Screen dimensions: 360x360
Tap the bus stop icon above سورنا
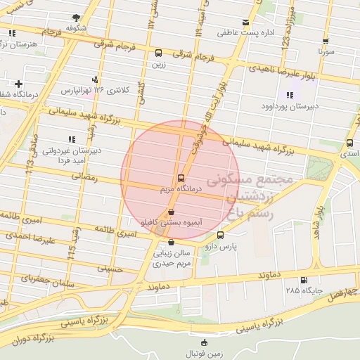326,41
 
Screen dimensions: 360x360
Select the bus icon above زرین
158,53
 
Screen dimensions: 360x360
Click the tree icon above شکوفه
76,18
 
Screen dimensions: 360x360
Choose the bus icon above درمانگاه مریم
181,178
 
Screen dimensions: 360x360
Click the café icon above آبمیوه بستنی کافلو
171,212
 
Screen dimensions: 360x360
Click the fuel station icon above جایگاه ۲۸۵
303,279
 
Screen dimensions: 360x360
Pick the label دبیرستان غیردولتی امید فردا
68,155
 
